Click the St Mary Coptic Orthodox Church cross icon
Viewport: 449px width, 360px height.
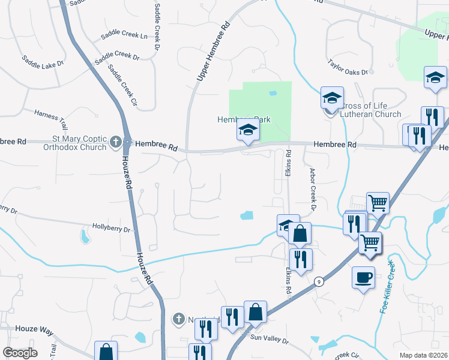click(116, 142)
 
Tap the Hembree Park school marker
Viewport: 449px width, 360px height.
click(247, 130)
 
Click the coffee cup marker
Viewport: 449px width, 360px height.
click(363, 277)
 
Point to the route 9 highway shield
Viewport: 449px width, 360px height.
click(319, 281)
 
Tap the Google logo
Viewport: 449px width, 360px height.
click(20, 353)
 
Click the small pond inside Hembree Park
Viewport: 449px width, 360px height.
click(273, 93)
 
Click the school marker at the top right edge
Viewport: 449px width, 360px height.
click(435, 78)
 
